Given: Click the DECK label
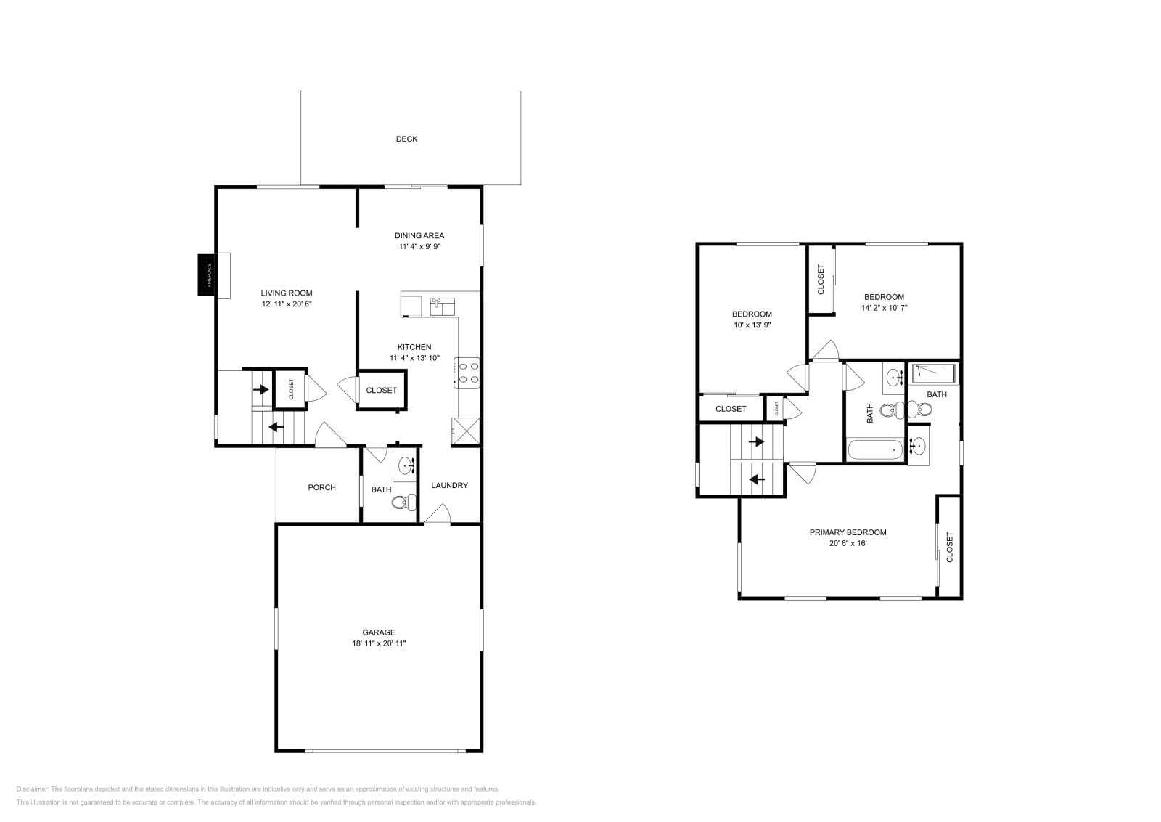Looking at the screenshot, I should click(406, 139).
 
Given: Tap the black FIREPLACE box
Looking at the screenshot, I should click(207, 275).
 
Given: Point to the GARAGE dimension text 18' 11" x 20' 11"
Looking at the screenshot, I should click(379, 643).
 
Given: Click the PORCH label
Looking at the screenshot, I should click(321, 487).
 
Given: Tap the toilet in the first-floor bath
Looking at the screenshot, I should click(409, 501).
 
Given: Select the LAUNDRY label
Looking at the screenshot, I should click(450, 485).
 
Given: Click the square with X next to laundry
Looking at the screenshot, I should click(465, 430).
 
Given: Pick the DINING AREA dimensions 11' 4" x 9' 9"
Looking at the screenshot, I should click(419, 247).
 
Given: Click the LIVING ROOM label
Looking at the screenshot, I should click(287, 293).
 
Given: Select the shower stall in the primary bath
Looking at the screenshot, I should click(934, 373).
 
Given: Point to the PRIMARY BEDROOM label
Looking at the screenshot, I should click(848, 532).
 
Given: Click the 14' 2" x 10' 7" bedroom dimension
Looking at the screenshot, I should click(884, 308).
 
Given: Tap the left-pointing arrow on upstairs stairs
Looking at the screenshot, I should click(756, 479).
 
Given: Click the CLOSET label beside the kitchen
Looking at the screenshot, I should click(381, 390).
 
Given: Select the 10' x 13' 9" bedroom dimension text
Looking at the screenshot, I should click(751, 325).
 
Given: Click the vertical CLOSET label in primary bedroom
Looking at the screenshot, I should click(949, 547).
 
